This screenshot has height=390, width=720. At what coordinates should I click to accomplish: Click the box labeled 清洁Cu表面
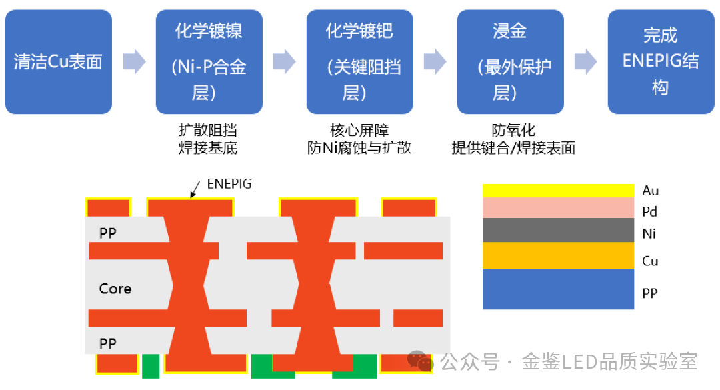click(59, 62)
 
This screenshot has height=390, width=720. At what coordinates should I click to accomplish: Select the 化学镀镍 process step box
click(209, 62)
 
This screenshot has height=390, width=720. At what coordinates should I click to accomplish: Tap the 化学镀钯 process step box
click(359, 62)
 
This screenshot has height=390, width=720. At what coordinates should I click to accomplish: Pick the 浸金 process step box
click(510, 62)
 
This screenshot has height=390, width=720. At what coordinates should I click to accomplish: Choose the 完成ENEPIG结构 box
click(660, 62)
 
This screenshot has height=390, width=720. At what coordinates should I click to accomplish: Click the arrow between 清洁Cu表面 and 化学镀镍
click(134, 62)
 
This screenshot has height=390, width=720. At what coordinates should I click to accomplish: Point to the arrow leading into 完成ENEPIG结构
click(585, 62)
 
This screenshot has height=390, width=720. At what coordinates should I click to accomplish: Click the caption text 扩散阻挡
click(208, 130)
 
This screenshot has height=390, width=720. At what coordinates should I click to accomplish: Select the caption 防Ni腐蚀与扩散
click(359, 147)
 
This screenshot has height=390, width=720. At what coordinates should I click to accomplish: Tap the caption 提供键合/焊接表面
click(513, 147)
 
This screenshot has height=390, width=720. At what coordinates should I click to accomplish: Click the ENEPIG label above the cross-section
click(229, 184)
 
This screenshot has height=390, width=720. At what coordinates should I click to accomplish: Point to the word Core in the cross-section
click(115, 289)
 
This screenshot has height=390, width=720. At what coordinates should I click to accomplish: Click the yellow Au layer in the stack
click(558, 191)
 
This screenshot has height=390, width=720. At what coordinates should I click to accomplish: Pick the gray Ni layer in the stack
click(558, 230)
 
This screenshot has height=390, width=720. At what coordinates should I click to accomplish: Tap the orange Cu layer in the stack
click(558, 255)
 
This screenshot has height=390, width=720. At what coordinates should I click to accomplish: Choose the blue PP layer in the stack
click(558, 289)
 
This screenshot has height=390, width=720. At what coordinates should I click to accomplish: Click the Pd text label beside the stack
click(650, 212)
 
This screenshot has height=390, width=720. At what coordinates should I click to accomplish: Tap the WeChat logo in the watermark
click(421, 361)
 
